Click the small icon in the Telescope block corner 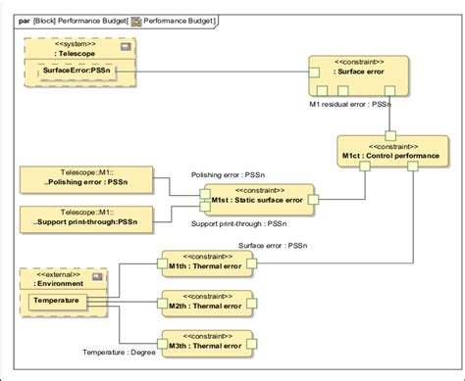125,46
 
